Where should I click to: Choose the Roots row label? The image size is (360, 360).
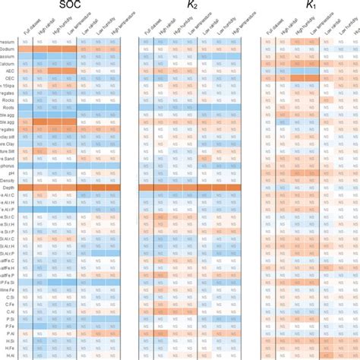10,108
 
